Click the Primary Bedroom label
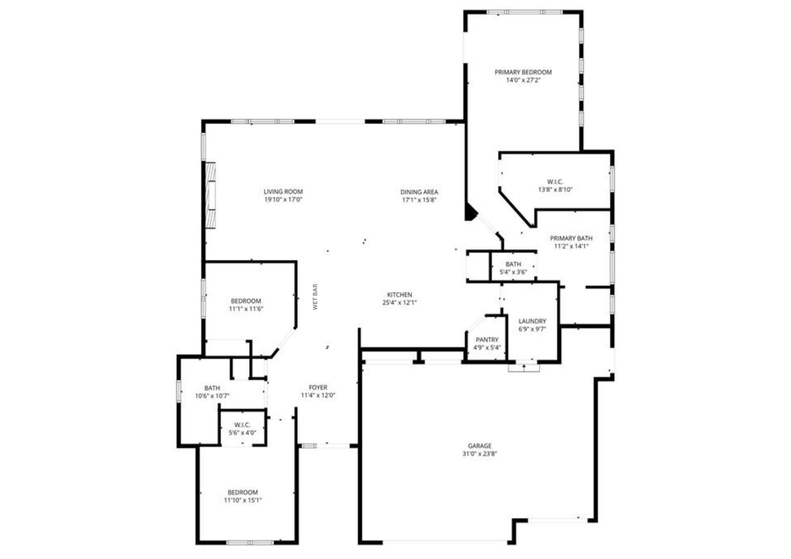click(523, 72)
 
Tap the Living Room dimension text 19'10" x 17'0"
click(283, 200)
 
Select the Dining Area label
click(419, 192)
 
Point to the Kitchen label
click(399, 294)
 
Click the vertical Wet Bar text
click(315, 297)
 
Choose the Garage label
click(479, 446)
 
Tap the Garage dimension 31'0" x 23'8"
click(479, 454)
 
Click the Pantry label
click(487, 340)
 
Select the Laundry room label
click(532, 321)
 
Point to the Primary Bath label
click(571, 238)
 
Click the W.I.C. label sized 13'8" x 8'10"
click(555, 182)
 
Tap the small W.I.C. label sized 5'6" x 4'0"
click(242, 425)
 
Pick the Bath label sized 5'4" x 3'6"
click(513, 264)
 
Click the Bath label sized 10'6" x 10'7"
click(212, 388)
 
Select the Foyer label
click(318, 387)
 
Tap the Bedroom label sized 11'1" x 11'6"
click(246, 301)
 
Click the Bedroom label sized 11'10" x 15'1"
click(242, 492)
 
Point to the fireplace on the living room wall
click(211, 195)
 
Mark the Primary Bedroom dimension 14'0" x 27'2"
click(523, 80)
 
